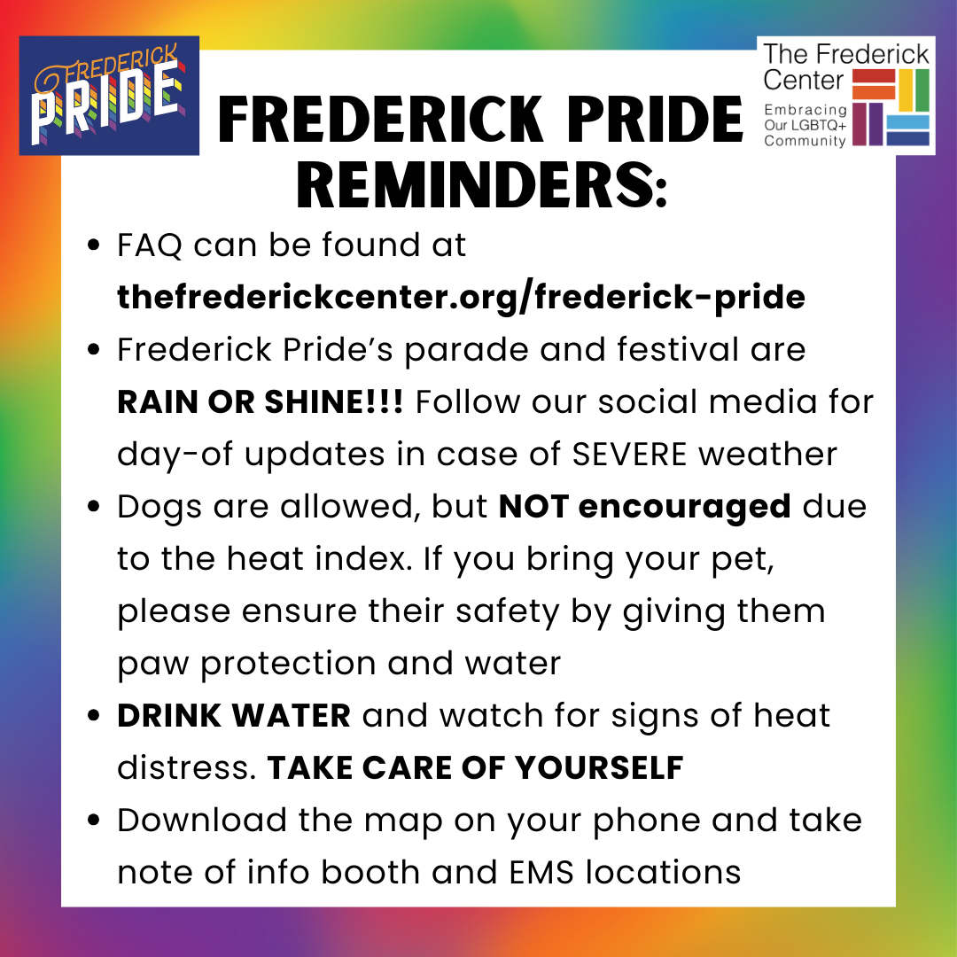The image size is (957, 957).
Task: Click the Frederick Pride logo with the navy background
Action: (x=109, y=95)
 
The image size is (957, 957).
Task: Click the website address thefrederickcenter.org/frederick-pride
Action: (x=461, y=297)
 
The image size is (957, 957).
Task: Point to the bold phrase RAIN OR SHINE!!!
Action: (x=260, y=402)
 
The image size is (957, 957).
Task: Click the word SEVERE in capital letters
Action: (x=629, y=454)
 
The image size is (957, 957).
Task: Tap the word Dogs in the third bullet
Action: (x=159, y=508)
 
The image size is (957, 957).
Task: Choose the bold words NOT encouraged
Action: (x=644, y=508)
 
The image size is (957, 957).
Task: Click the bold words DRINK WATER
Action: (x=234, y=715)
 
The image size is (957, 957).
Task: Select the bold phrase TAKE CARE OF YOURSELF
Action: (x=475, y=767)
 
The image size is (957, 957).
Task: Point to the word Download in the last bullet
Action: (x=202, y=820)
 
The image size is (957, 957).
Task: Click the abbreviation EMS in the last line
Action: (x=541, y=872)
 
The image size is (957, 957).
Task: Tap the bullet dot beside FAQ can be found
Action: (x=93, y=245)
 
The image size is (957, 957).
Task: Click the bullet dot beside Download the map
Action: (x=93, y=820)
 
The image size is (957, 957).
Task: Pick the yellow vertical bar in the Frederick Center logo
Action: (x=906, y=90)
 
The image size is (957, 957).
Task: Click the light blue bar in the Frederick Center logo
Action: (x=907, y=122)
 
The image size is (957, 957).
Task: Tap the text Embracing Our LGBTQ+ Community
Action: (x=805, y=125)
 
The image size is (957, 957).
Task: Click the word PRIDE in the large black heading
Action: (x=655, y=119)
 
